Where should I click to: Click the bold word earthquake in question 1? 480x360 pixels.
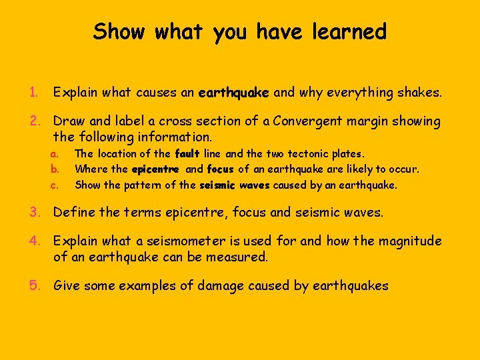pyautogui.click(x=234, y=93)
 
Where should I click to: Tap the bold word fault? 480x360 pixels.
pyautogui.click(x=187, y=154)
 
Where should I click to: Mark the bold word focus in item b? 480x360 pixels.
pyautogui.click(x=221, y=169)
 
